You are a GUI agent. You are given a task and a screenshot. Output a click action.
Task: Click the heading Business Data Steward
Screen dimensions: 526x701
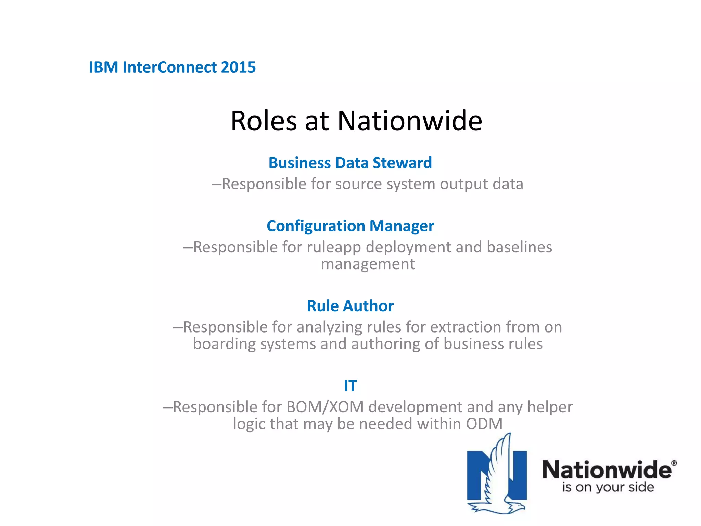pyautogui.click(x=350, y=163)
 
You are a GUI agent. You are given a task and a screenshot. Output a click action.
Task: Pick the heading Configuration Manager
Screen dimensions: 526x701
pyautogui.click(x=350, y=226)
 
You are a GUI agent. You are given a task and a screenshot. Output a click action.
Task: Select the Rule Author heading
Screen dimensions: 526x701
pyautogui.click(x=350, y=306)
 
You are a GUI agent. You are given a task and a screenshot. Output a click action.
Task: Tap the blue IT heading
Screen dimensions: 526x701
pyautogui.click(x=350, y=386)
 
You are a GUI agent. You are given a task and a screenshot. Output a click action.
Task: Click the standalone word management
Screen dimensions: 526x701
pyautogui.click(x=368, y=264)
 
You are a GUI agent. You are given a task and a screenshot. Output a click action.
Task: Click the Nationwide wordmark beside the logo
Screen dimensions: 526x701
pyautogui.click(x=607, y=470)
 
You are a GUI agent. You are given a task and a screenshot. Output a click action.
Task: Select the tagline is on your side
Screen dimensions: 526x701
pyautogui.click(x=608, y=487)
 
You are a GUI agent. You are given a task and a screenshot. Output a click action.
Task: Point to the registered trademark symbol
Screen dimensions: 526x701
pyautogui.click(x=674, y=463)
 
